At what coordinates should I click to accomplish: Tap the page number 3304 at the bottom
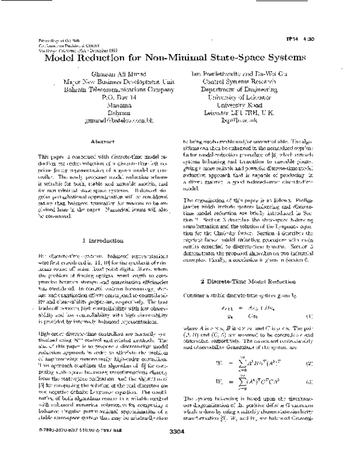pyautogui.click(x=181, y=447)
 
